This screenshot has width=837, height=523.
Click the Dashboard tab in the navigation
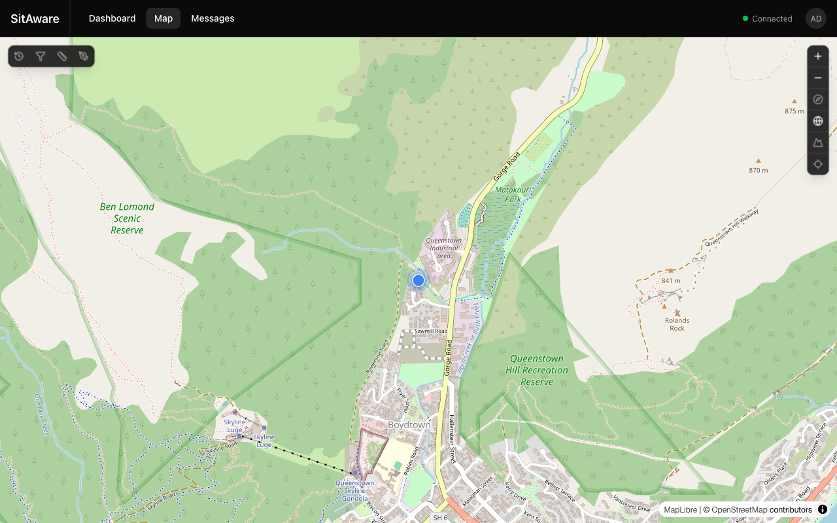tap(112, 18)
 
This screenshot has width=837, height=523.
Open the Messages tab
tap(213, 18)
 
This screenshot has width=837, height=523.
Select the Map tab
tap(163, 18)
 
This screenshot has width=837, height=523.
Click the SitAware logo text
tap(35, 18)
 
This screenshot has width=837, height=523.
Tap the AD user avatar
tap(815, 18)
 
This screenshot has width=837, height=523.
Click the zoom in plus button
tap(818, 56)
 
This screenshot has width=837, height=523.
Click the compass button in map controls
tap(818, 99)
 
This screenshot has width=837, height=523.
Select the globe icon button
tap(818, 121)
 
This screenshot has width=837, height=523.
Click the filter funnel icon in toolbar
tap(41, 56)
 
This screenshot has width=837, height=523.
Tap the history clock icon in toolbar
tap(19, 56)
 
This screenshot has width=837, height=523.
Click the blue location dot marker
tap(418, 280)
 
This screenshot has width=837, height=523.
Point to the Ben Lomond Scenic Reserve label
tap(127, 218)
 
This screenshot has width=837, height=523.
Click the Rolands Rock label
tap(677, 324)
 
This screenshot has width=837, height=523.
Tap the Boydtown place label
tap(409, 425)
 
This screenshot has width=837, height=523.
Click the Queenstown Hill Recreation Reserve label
tap(537, 370)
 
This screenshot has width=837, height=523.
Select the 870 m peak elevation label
tap(759, 170)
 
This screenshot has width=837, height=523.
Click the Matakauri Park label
tap(508, 194)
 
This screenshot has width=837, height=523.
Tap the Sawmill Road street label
tap(431, 331)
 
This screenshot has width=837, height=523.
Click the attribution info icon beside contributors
tap(823, 509)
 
